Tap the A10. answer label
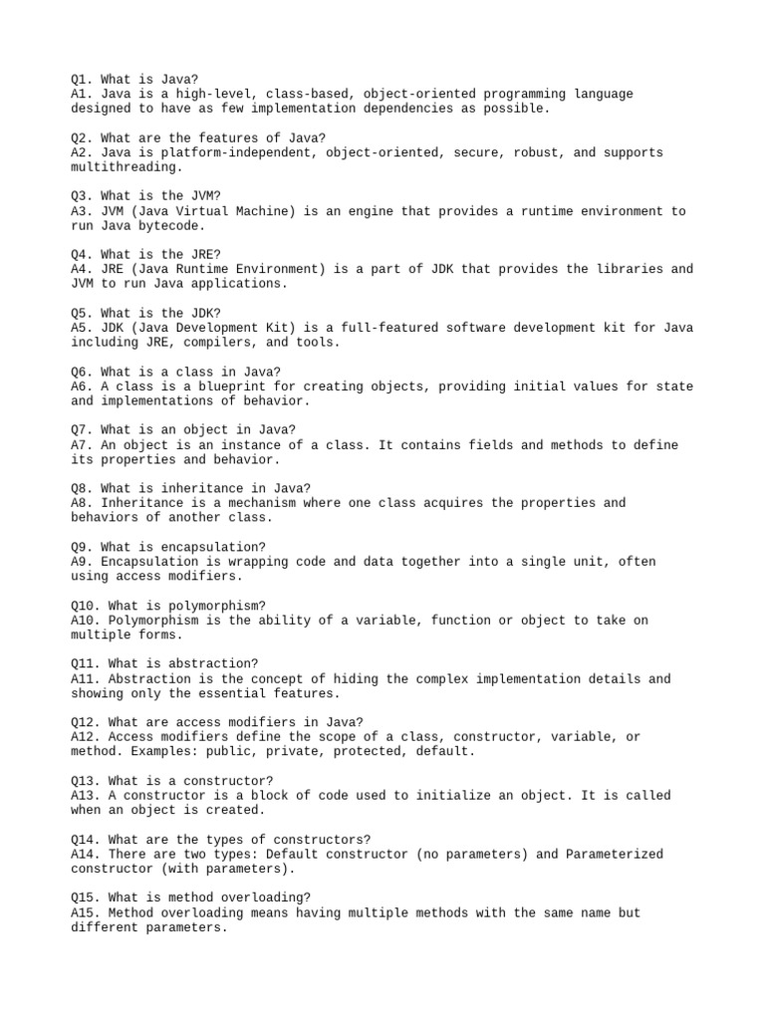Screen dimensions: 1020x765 [86, 621]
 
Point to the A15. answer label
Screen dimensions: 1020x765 [86, 912]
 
